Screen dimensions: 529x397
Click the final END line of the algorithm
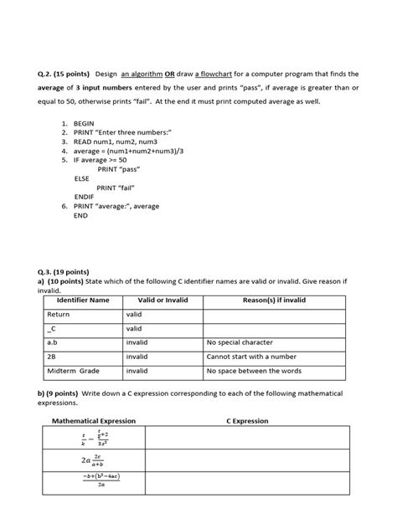click(x=80, y=215)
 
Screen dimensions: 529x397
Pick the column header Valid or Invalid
click(x=162, y=300)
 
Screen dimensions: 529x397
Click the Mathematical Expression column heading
click(x=94, y=421)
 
